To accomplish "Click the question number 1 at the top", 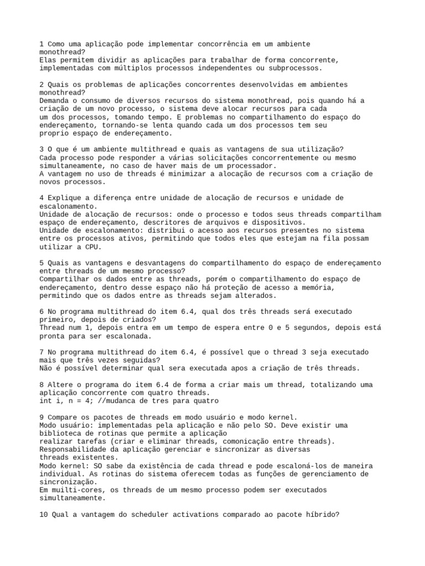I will pos(42,44).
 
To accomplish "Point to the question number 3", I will pos(42,149).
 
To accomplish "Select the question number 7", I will pos(42,352).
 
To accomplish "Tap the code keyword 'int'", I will pos(46,400).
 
